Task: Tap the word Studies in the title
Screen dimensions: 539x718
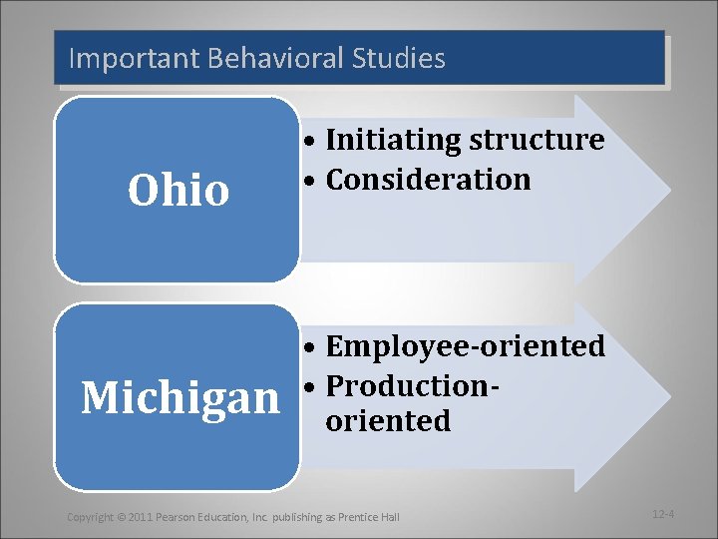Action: (398, 58)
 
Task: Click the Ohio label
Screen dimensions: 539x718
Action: (179, 190)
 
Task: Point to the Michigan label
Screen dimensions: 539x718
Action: (179, 397)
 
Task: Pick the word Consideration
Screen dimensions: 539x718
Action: (429, 180)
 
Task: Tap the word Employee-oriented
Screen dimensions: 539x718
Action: (466, 346)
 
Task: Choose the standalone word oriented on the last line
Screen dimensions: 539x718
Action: (389, 420)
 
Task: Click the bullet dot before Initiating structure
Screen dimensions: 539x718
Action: (312, 142)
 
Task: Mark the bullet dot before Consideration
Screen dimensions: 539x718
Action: (312, 182)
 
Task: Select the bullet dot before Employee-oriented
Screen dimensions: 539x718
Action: (312, 348)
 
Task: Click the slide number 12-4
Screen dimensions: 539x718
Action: (664, 514)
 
